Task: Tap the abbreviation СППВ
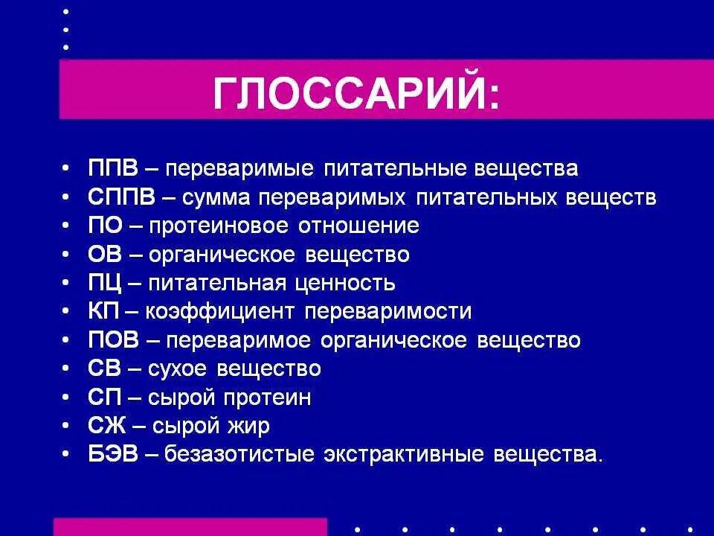[x=122, y=197]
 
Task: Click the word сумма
[x=213, y=197]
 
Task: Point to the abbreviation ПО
[x=103, y=226]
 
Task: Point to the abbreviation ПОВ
[x=112, y=341]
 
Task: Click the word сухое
[x=178, y=369]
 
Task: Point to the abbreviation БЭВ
[x=112, y=455]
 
